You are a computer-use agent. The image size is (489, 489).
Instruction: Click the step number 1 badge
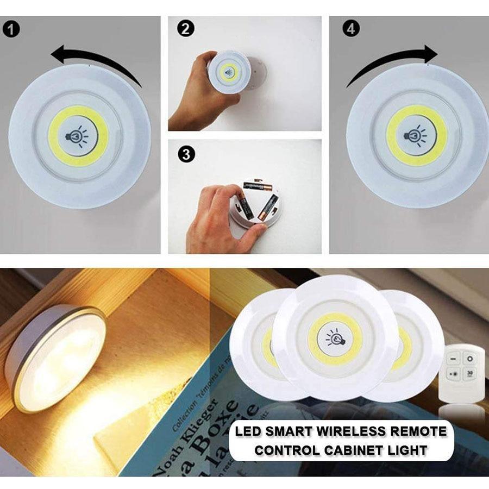12,29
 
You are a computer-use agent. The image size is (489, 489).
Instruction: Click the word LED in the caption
248,432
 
